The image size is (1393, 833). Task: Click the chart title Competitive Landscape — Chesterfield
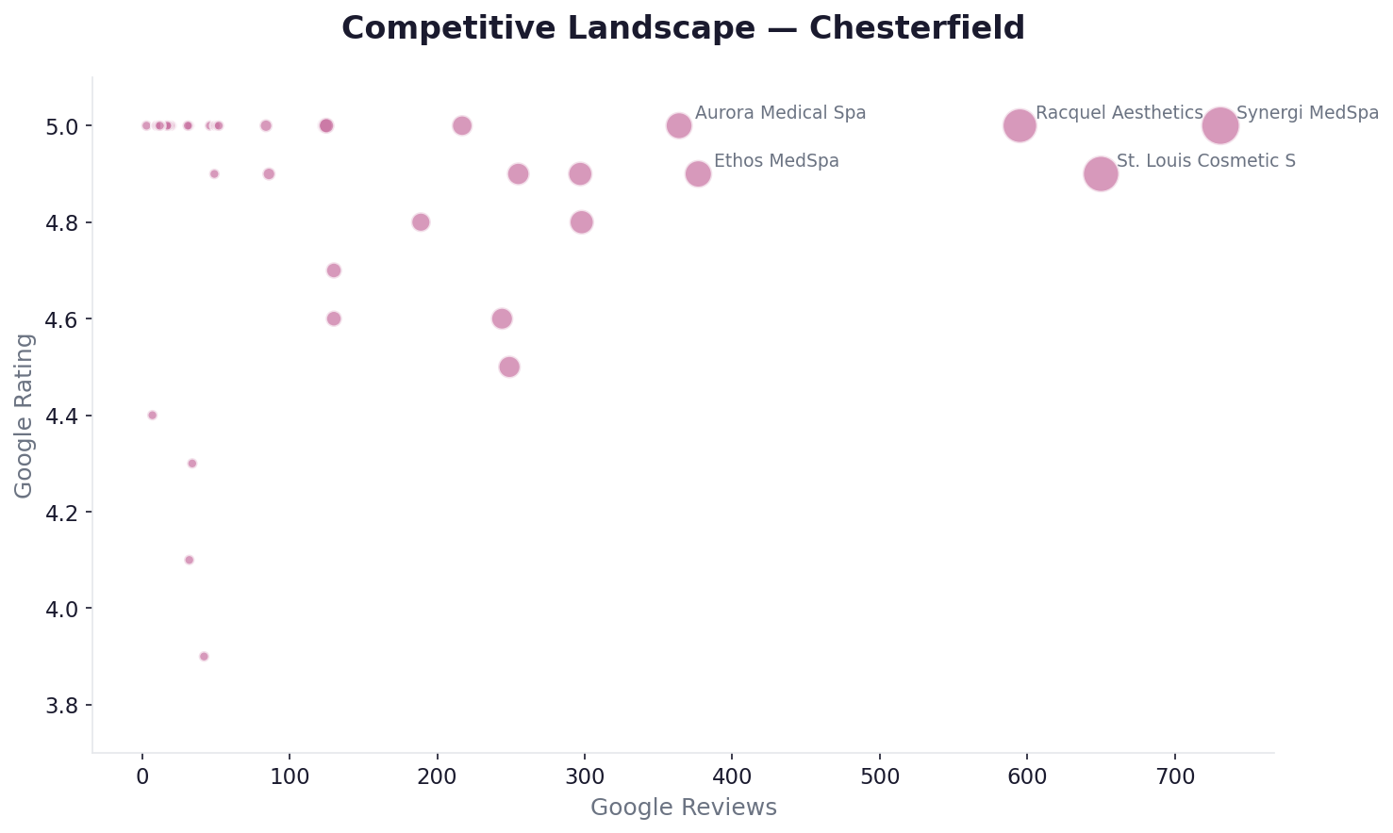point(683,28)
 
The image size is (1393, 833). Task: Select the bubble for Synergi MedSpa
point(1220,125)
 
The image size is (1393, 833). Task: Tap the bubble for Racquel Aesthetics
point(1020,125)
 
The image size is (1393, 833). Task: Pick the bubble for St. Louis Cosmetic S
point(1101,173)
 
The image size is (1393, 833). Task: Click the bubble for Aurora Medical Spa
point(679,125)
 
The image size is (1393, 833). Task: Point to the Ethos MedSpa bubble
point(698,173)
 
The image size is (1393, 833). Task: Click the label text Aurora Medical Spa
point(780,113)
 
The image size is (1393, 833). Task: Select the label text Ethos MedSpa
point(776,161)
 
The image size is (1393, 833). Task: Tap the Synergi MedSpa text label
point(1307,113)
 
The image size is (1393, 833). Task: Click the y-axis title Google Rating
point(25,416)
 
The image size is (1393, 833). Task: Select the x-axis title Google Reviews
point(683,808)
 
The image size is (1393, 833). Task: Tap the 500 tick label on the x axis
point(879,778)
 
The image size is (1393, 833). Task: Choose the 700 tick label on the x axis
point(1174,778)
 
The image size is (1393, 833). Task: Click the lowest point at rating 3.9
point(204,657)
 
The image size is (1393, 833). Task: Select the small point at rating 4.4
point(152,416)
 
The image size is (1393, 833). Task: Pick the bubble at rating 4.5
point(509,367)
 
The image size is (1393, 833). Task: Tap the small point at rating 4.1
point(189,560)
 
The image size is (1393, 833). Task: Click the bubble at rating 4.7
point(334,270)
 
